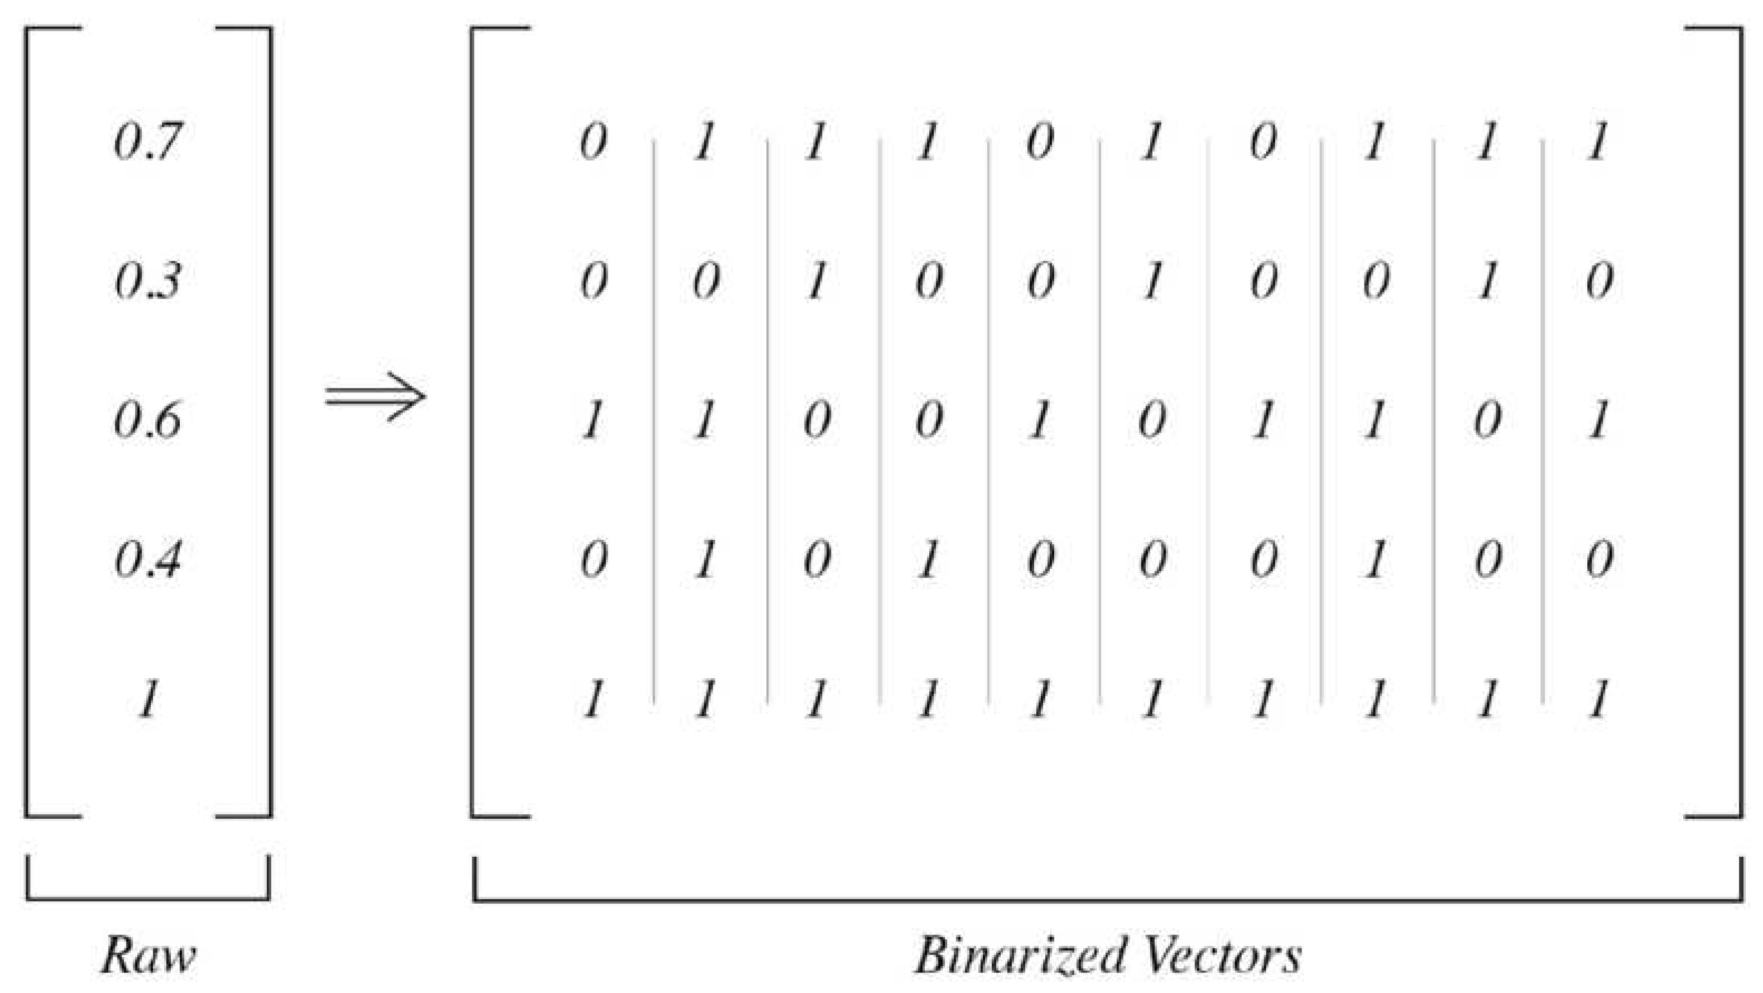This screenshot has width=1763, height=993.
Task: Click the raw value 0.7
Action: [148, 142]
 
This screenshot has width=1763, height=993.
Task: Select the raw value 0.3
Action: [148, 281]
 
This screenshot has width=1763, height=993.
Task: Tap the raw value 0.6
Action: [148, 420]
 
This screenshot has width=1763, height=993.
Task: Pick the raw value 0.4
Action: [148, 559]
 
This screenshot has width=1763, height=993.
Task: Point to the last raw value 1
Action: [148, 699]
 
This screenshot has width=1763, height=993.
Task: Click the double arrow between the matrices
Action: [375, 397]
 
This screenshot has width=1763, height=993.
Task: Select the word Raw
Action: [148, 954]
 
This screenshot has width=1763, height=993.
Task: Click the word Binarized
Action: [1020, 954]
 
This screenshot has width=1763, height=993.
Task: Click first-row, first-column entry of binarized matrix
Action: [593, 142]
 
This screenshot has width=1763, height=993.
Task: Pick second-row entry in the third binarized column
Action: [816, 281]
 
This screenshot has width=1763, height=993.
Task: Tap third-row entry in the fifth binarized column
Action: [1040, 420]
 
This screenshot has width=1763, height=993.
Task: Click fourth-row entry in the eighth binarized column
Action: [1375, 559]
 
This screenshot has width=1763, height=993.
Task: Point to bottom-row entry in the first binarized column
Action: [593, 700]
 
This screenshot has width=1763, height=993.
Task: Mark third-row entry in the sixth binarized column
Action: [1152, 420]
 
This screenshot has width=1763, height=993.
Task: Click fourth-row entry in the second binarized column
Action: [705, 559]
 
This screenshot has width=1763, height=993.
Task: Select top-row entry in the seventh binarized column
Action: [1264, 142]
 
